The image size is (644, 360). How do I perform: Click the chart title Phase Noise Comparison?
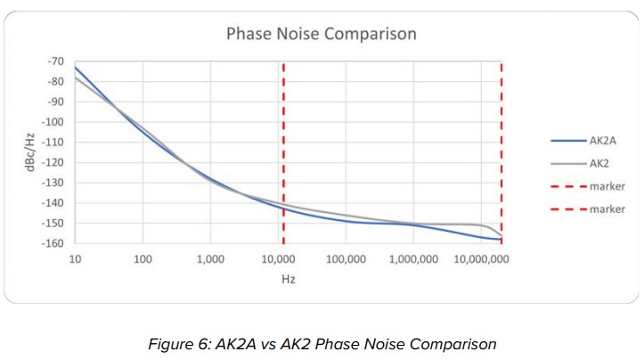point(321,35)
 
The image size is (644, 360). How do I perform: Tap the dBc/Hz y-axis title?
point(30,151)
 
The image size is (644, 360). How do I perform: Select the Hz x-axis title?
point(288,278)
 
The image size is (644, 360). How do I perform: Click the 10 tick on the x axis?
point(75,259)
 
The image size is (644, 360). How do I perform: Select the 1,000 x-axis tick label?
point(210,259)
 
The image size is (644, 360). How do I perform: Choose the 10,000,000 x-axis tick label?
point(481,259)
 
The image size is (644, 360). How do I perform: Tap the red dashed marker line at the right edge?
point(501,151)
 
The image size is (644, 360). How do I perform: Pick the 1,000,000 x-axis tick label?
point(413,259)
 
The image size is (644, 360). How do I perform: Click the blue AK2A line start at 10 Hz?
point(76,68)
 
